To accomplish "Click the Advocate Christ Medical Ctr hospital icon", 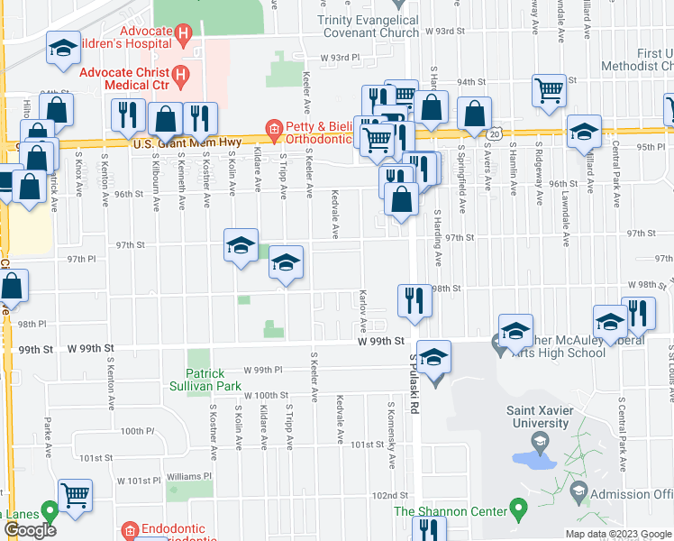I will [x=181, y=74].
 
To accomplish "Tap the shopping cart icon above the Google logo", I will [x=76, y=493].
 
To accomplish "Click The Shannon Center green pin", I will [x=518, y=510].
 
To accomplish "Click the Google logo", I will [x=30, y=530].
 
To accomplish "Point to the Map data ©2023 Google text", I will [x=617, y=534].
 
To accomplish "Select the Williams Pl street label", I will [x=188, y=476].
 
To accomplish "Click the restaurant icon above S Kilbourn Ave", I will [x=127, y=115].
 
